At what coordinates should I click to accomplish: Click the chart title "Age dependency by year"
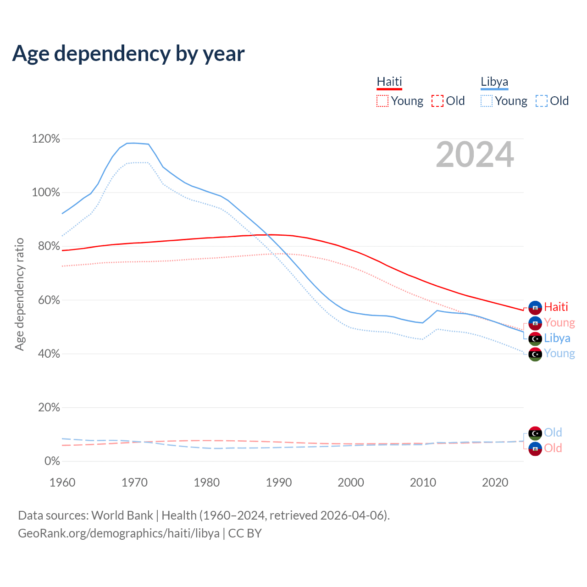[x=128, y=54]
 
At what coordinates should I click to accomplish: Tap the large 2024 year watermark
[x=475, y=155]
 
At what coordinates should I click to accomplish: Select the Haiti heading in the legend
[x=389, y=82]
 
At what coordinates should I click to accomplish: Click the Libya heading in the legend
[x=494, y=82]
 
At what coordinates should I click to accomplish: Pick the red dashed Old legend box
[x=437, y=101]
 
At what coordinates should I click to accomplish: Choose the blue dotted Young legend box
[x=487, y=101]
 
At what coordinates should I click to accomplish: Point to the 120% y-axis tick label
[x=46, y=138]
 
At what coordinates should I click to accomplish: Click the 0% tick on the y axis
[x=52, y=461]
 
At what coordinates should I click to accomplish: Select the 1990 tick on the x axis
[x=279, y=482]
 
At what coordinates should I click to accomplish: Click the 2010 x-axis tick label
[x=423, y=482]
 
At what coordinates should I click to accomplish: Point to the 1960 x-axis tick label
[x=62, y=482]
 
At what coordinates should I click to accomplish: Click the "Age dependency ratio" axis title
[x=19, y=294]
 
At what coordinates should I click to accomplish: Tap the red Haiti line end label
[x=556, y=307]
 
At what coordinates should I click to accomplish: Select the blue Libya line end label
[x=557, y=338]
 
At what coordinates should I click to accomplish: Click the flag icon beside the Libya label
[x=535, y=339]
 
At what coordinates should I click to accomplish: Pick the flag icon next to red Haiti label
[x=535, y=308]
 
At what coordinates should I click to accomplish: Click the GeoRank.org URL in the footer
[x=119, y=533]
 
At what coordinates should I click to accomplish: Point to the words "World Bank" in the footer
[x=122, y=515]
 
